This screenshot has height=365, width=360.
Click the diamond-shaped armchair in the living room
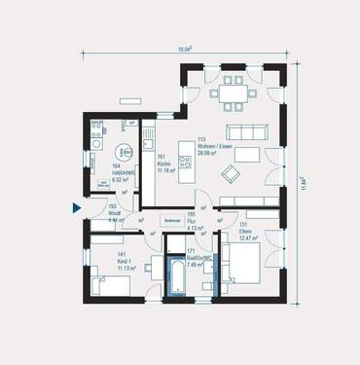[232, 173]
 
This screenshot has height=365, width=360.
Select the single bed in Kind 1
[110, 283]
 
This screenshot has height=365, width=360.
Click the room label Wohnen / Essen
[212, 146]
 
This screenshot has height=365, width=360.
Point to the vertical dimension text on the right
[304, 182]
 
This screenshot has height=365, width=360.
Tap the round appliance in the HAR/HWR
[125, 153]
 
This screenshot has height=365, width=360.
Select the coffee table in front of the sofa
[248, 155]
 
